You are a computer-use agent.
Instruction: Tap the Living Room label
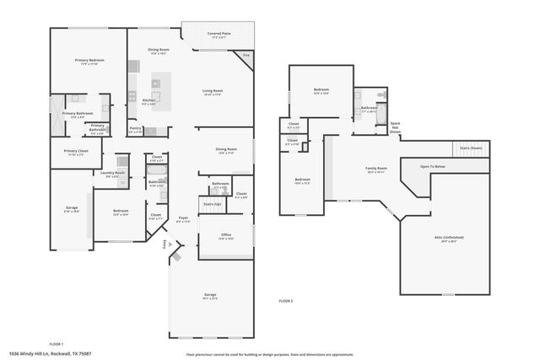click(212, 92)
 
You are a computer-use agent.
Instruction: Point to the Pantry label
click(135, 131)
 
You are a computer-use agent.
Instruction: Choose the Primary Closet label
click(75, 153)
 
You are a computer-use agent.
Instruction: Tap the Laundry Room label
click(112, 175)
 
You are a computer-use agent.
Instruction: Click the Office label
click(225, 236)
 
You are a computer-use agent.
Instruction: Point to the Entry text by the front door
click(165, 244)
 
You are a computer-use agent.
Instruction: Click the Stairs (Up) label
click(212, 204)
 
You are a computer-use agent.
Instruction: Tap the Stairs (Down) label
click(471, 148)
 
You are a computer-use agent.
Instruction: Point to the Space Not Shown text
click(395, 128)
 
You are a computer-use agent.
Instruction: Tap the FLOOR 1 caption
click(57, 344)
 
